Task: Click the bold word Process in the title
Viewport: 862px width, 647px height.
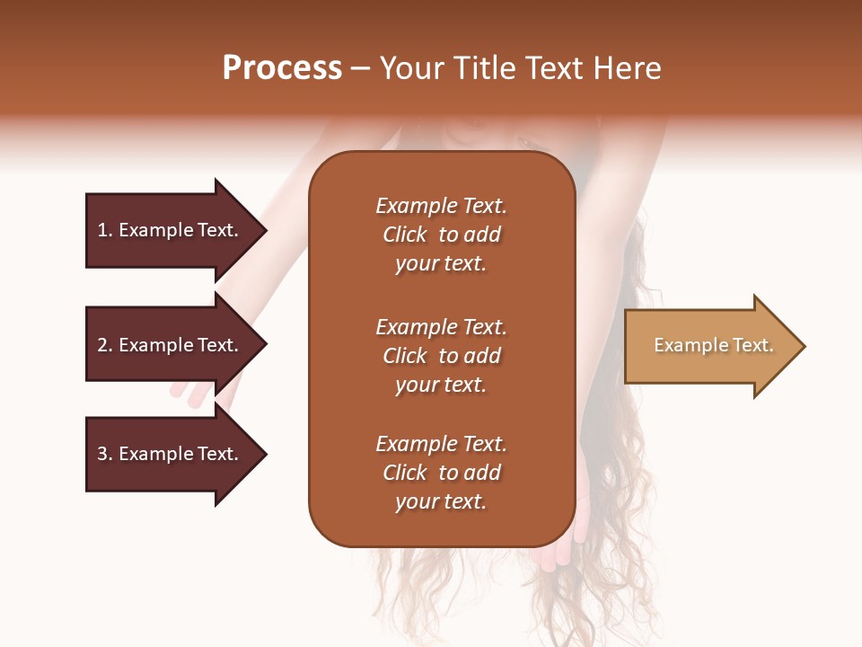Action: pos(282,68)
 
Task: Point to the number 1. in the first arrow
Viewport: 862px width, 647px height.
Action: pos(105,230)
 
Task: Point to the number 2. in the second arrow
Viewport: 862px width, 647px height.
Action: pos(105,345)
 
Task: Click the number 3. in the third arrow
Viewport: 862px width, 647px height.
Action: pos(105,454)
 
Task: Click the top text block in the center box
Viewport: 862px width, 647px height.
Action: pos(441,235)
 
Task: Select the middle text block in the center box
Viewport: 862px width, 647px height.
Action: pos(441,356)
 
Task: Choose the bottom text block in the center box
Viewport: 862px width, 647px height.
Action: pos(441,473)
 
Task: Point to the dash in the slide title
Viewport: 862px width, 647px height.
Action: pos(360,69)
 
